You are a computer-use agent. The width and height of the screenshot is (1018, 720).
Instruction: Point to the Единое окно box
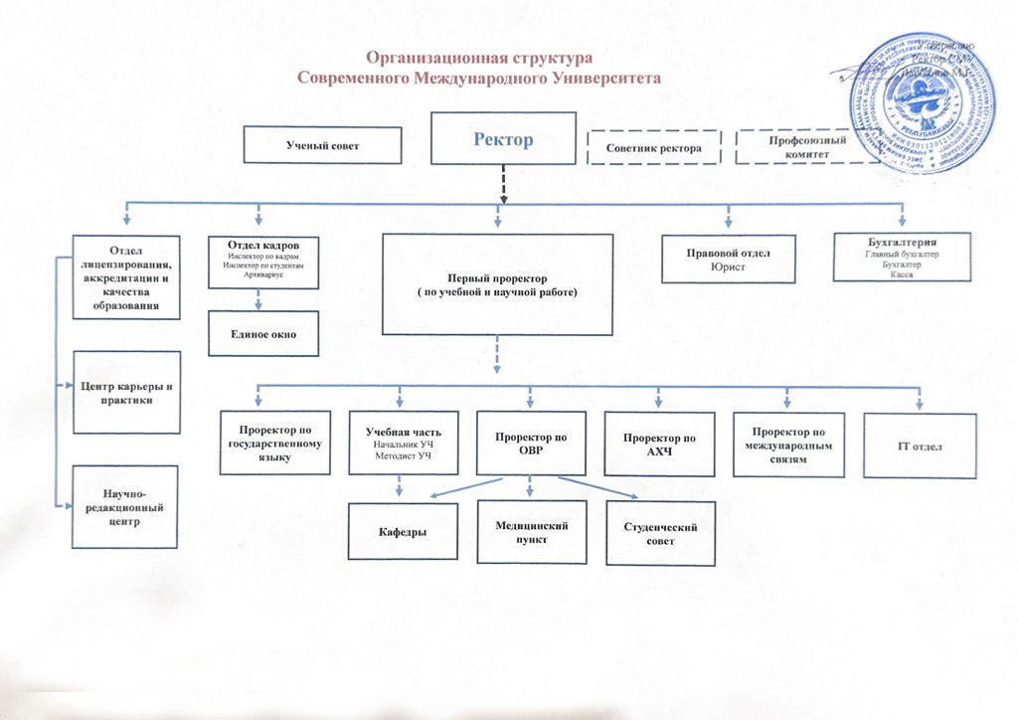pos(263,333)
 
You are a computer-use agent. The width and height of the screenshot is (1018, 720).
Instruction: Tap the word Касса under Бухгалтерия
pos(902,274)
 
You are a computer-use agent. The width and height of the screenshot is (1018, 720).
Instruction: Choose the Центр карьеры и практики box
pos(126,392)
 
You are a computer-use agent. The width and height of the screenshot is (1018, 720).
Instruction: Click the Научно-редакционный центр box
pos(125,506)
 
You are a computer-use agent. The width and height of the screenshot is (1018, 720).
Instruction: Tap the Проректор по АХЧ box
pos(658,444)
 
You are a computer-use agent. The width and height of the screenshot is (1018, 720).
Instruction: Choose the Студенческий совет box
pos(660,534)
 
